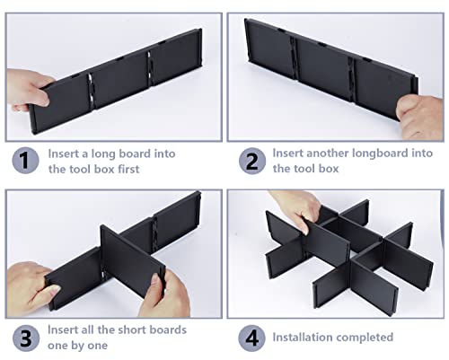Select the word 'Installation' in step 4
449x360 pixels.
(x=309, y=338)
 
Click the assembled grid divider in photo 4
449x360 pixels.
(x=337, y=251)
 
